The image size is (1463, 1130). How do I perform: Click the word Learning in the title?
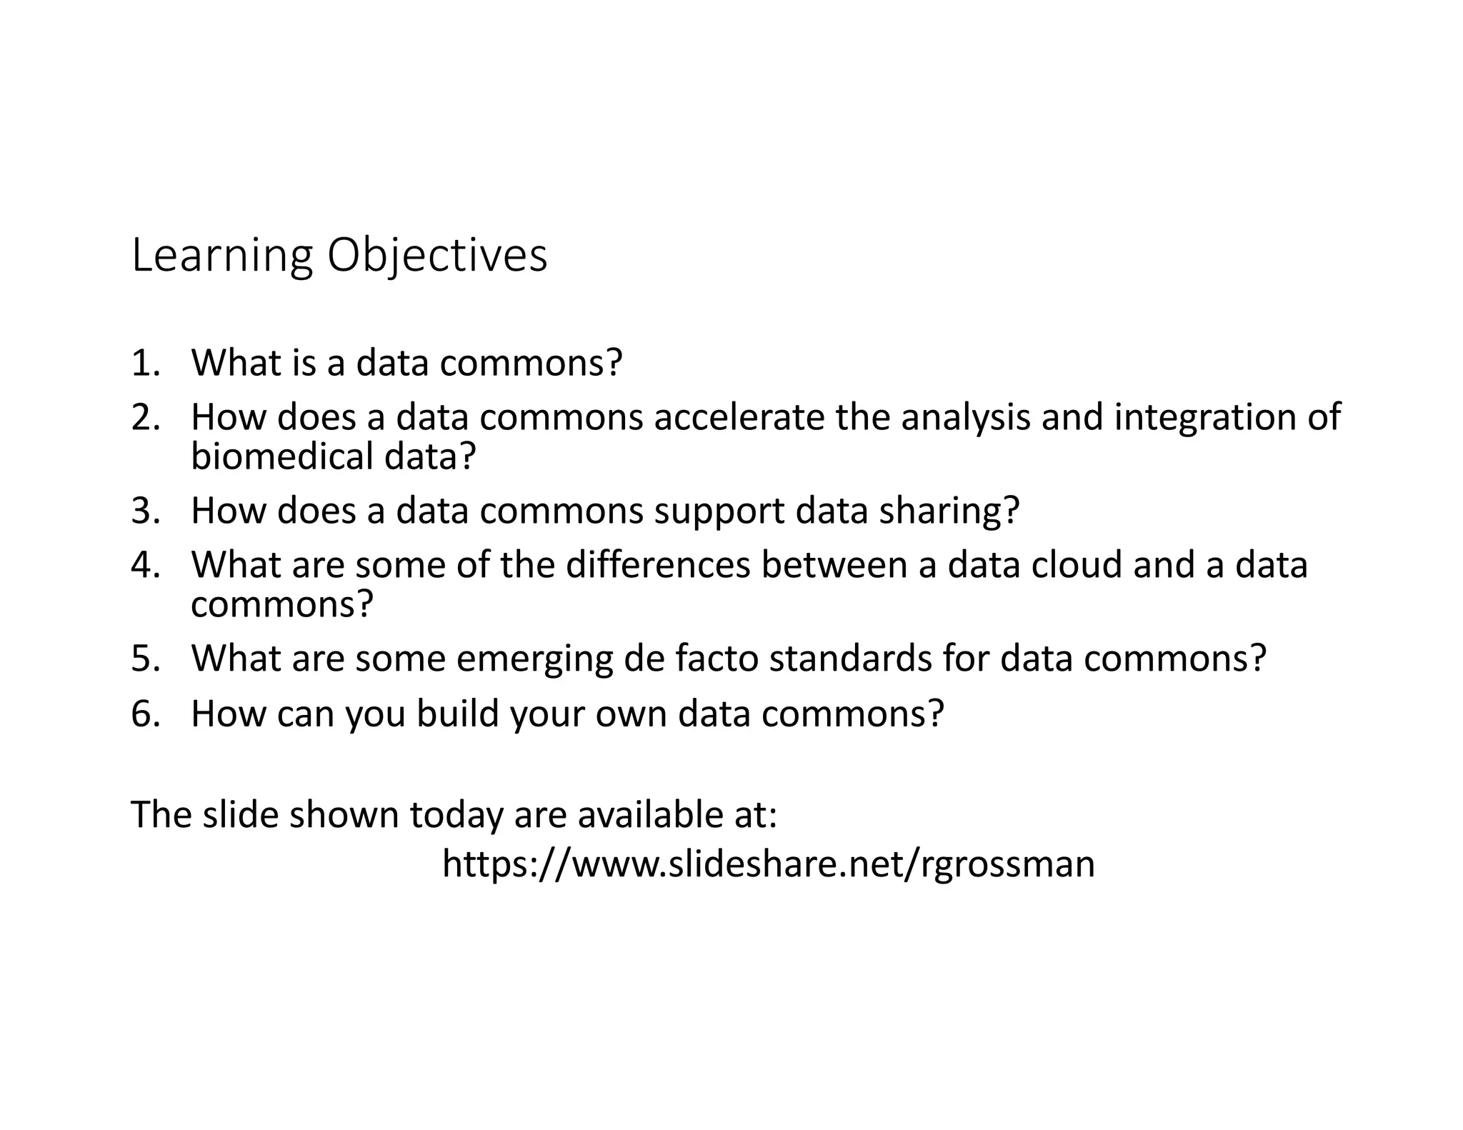point(222,256)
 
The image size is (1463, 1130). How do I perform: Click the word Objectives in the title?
point(437,256)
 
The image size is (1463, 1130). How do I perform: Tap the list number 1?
point(145,363)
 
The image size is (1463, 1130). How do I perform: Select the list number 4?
point(145,564)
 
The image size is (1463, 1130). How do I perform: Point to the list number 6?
point(145,713)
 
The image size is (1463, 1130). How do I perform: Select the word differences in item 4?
point(658,564)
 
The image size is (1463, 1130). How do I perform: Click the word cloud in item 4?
point(1077,564)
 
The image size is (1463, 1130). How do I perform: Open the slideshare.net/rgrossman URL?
point(768,864)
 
